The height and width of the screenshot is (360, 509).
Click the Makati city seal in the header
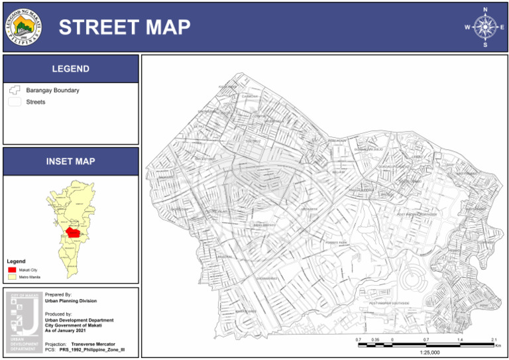[x=25, y=27]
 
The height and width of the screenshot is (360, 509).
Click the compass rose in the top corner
[x=486, y=27]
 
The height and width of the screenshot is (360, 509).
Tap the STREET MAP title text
[x=125, y=27]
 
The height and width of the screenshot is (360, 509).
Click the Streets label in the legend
[x=36, y=102]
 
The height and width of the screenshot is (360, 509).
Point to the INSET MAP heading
[x=70, y=161]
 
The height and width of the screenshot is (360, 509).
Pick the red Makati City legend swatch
[x=12, y=270]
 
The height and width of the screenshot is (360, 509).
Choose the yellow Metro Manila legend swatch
[x=12, y=276]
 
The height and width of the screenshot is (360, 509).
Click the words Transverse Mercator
[x=93, y=344]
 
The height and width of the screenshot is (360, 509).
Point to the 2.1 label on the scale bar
[x=493, y=339]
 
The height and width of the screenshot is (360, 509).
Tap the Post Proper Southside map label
[x=389, y=303]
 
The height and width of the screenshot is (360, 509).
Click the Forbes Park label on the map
[x=336, y=243]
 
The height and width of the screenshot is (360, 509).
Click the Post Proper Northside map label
[x=417, y=215]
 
